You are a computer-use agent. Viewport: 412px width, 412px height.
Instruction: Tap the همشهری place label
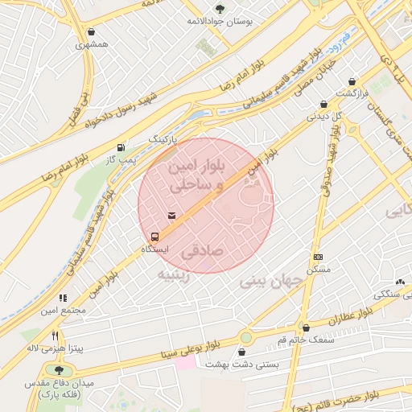pyautogui.click(x=91, y=45)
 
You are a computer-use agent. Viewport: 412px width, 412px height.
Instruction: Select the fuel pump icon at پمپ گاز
pyautogui.click(x=121, y=147)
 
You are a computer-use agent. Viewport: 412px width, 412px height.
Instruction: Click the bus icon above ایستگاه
pyautogui.click(x=154, y=237)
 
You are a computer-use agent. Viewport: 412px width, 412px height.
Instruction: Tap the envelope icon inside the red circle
pyautogui.click(x=171, y=215)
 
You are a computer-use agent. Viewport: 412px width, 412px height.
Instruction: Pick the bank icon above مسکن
pyautogui.click(x=318, y=257)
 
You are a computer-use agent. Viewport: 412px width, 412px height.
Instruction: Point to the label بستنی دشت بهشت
pyautogui.click(x=242, y=365)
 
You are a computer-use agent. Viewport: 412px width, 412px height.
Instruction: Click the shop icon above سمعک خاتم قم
pyautogui.click(x=306, y=328)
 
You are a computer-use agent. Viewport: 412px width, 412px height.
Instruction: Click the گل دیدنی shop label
pyautogui.click(x=326, y=116)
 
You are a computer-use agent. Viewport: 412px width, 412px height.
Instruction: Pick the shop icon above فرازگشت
pyautogui.click(x=352, y=82)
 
